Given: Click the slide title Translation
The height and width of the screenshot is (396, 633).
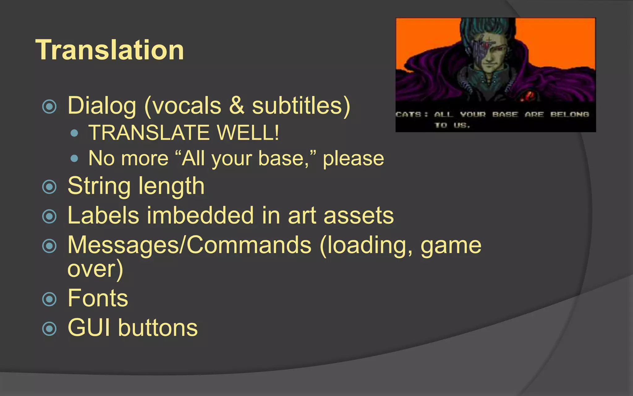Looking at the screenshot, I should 110,50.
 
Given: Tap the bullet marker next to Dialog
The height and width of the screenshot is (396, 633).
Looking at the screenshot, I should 49,107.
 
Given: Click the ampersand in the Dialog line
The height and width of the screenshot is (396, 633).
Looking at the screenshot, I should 236,106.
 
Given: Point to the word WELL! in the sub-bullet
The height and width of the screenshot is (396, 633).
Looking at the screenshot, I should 248,133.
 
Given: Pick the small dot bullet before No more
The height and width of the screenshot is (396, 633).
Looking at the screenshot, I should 74,159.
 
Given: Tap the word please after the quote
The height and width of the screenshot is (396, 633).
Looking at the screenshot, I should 353,159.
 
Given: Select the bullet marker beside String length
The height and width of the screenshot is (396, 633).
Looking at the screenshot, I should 49,187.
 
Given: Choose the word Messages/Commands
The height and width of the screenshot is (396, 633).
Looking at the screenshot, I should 189,245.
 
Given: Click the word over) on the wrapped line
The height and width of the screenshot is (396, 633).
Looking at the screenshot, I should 95,269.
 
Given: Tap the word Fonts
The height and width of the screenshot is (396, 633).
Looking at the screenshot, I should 98,298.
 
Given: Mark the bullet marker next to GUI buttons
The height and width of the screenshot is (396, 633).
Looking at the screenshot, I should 49,328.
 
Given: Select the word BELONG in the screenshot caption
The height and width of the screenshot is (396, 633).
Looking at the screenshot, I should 570,115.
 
